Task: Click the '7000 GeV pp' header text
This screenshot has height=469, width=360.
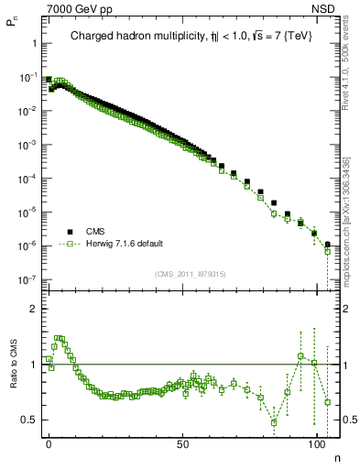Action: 72,9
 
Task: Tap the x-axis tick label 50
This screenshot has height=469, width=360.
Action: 183,444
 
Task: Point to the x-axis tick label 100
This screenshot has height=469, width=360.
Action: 317,444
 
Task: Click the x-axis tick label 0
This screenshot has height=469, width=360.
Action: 49,444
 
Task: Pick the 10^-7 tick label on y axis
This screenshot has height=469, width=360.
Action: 27,279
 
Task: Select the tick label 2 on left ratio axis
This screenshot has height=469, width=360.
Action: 32,309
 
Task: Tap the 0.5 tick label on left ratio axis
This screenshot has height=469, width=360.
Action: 28,420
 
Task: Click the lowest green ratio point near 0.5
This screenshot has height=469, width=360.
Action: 274,422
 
